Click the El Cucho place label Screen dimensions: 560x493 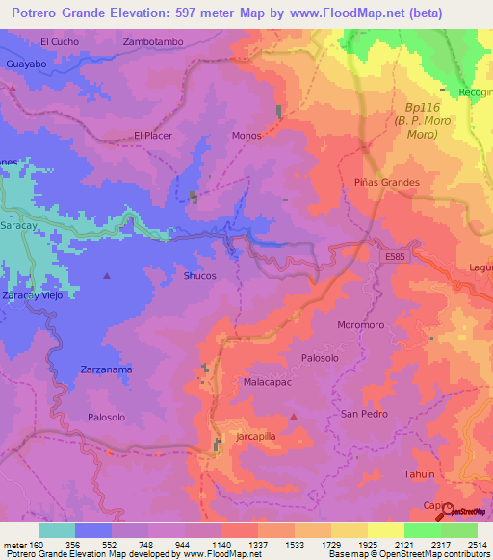point(59,42)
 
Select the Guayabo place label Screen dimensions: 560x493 point(26,64)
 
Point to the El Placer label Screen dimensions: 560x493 point(153,136)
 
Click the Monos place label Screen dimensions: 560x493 point(246,136)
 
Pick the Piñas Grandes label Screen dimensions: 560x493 point(387,182)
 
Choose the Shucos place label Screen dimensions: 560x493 point(199,276)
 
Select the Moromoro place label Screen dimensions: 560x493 point(361,325)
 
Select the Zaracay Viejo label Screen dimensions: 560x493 point(32,295)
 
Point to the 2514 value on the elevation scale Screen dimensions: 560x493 point(477,545)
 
